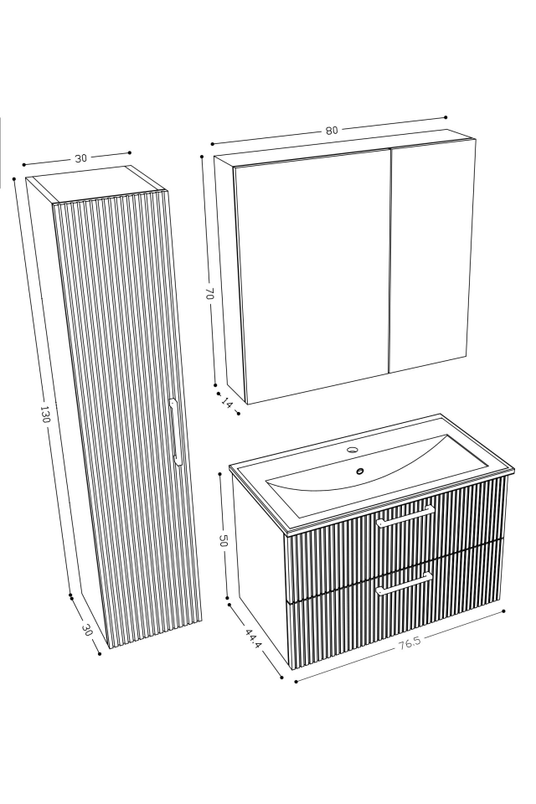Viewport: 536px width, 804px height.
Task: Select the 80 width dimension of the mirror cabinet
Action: (x=332, y=131)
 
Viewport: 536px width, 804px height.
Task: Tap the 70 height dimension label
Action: (x=209, y=294)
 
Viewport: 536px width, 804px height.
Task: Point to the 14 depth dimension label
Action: (x=227, y=403)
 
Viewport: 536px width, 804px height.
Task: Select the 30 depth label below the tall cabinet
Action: (x=86, y=631)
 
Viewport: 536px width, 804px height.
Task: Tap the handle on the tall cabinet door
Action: (x=175, y=430)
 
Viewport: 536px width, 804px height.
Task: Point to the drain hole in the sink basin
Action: (x=360, y=471)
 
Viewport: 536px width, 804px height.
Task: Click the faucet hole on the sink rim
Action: (x=352, y=451)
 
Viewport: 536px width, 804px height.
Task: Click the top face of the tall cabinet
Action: (x=96, y=185)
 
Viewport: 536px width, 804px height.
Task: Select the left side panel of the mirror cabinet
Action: (x=224, y=276)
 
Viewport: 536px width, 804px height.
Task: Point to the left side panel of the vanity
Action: (x=260, y=569)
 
